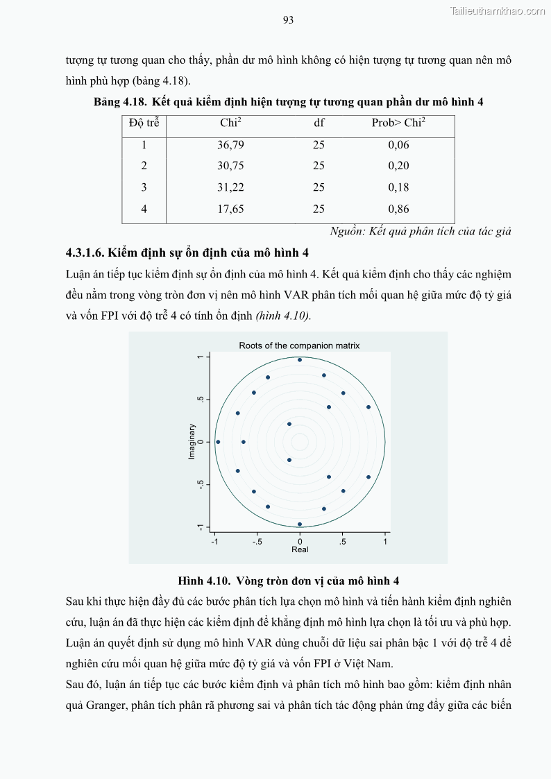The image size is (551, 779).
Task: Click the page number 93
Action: pos(289,20)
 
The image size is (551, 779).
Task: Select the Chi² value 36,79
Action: pos(230,145)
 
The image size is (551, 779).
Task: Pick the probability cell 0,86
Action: pos(398,209)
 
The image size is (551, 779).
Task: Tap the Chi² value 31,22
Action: pos(230,187)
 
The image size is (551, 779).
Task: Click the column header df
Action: pos(319,123)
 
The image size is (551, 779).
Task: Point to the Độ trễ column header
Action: pos(144,123)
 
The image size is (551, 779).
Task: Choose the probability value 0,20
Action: pos(398,166)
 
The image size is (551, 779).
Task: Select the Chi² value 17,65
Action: pos(230,209)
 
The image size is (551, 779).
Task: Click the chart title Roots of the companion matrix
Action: pos(299,345)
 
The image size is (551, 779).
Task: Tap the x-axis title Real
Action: pos(300,549)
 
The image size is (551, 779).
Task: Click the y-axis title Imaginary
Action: pos(193,442)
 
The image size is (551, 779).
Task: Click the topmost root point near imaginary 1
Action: pos(300,360)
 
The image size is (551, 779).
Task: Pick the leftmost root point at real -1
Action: pos(218,442)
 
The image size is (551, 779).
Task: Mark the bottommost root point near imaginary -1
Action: pos(300,524)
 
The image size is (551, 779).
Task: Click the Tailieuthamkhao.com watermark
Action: pos(498,10)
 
